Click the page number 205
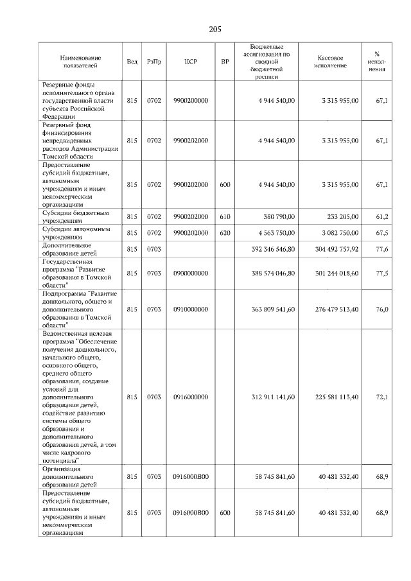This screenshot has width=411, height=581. [215, 29]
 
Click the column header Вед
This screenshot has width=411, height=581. [132, 62]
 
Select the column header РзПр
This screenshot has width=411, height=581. [153, 62]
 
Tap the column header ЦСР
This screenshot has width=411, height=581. [191, 62]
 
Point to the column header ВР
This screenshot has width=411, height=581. [225, 62]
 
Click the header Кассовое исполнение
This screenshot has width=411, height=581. [331, 62]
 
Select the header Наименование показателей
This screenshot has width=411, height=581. [80, 62]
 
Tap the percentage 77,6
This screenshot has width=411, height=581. [382, 249]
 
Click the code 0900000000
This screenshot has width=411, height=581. [191, 273]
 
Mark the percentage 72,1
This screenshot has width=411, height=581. [382, 397]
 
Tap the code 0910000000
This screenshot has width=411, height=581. [191, 309]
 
